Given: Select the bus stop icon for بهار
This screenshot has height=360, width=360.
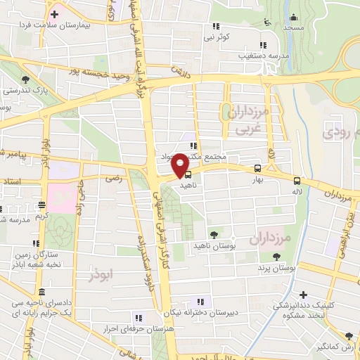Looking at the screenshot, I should (257, 169).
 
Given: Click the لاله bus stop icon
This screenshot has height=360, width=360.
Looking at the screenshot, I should (297, 180).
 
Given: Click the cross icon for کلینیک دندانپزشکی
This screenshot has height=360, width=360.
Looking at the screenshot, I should (303, 295).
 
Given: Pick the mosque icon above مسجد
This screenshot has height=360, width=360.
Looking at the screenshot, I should (293, 18).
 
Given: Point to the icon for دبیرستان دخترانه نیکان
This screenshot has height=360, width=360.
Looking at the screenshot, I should (195, 302).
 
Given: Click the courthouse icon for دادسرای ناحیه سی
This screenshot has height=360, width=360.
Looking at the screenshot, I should (41, 291).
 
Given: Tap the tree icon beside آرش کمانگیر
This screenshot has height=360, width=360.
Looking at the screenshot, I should (348, 335).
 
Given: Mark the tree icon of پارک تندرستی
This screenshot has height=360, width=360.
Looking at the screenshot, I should (26, 79).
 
